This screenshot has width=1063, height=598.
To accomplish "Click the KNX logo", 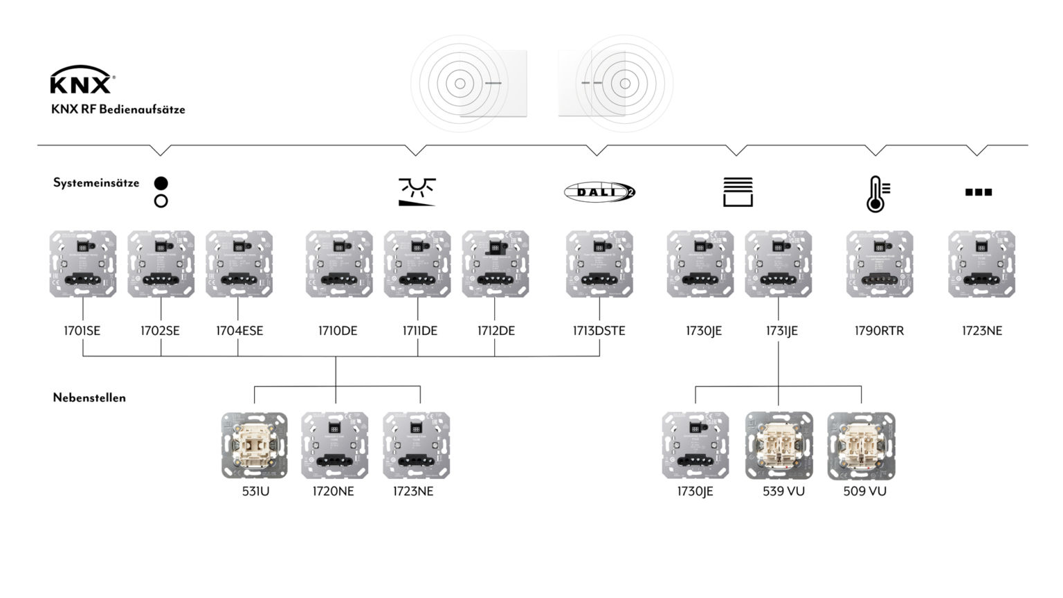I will coord(82,80).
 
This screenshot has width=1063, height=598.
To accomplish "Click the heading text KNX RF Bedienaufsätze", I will coord(118,109).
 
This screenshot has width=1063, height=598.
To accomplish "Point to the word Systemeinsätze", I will coord(96,183).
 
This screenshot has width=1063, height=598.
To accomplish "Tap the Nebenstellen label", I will coord(89,398).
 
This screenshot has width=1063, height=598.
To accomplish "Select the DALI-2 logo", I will coord(599,192).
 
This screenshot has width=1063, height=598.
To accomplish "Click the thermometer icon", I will coord(878,193).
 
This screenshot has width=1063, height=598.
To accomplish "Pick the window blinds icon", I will coord(738,192).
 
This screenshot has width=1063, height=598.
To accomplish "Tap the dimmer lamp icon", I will coord(417,192).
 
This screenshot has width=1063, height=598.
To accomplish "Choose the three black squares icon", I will coord(979,192).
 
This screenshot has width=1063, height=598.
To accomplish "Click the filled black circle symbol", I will coord(161,183).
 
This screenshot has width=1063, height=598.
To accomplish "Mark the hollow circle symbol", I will coord(161,201).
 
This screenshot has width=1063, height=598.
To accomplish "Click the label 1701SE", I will coord(82,331).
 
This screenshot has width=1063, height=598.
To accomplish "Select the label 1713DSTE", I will coord(599,331).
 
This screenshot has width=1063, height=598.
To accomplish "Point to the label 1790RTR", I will coord(879,331).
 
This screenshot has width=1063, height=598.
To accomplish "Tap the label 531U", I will coord(255,491).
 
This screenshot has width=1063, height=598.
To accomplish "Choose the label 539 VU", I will coord(783,491).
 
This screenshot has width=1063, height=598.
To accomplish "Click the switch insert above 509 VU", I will coord(861,446).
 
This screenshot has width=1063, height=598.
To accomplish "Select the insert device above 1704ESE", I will coord(239,264).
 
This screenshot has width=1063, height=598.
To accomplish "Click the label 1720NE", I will coord(333,491).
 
